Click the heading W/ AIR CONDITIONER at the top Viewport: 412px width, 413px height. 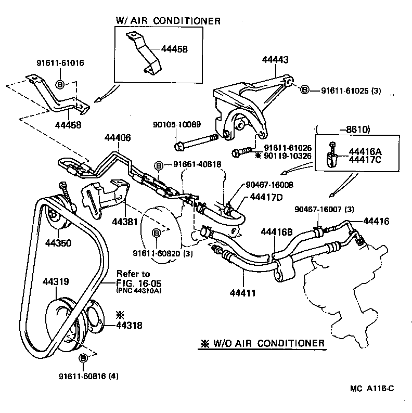[x=168, y=21]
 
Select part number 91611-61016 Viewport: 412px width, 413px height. [x=60, y=63]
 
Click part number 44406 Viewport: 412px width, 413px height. [x=118, y=138]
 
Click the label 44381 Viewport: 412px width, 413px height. [x=124, y=221]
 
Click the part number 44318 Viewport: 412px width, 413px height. [x=128, y=326]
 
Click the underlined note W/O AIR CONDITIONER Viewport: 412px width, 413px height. [x=263, y=344]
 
